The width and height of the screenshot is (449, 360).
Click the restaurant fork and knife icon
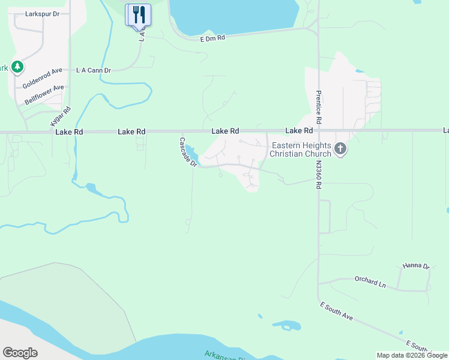pyautogui.click(x=138, y=14)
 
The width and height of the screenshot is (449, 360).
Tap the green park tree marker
pyautogui.click(x=17, y=67)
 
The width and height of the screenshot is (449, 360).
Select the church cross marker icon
pyautogui.click(x=340, y=149)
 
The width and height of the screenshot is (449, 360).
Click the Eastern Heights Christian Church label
pyautogui.click(x=300, y=149)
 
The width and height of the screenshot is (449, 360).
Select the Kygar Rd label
pyautogui.click(x=59, y=116)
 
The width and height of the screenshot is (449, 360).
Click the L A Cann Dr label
pyautogui.click(x=94, y=70)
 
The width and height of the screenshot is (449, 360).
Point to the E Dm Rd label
pyautogui.click(x=212, y=38)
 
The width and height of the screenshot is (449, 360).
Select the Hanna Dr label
pyautogui.click(x=416, y=266)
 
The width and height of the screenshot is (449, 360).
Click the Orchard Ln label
pyautogui.click(x=370, y=281)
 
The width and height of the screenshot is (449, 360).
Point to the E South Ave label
pyautogui.click(x=336, y=311)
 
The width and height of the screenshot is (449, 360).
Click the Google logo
pyautogui.click(x=20, y=353)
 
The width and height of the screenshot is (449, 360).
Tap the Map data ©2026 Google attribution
pyautogui.click(x=412, y=355)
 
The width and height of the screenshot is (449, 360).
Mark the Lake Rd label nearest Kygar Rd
pyautogui.click(x=68, y=131)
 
